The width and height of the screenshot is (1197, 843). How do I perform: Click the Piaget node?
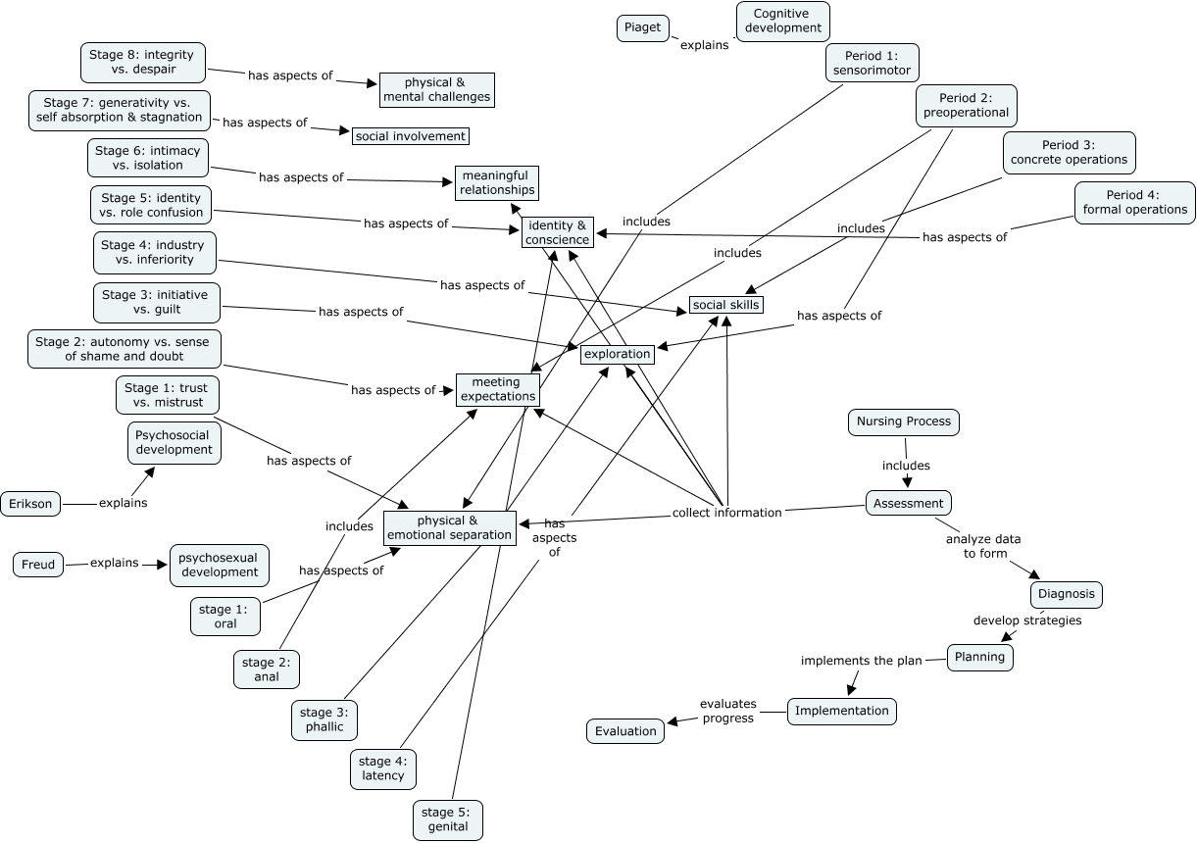[642, 28]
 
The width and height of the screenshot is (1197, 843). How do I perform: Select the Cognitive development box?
[782, 21]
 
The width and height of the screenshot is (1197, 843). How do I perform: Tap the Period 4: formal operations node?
[1134, 202]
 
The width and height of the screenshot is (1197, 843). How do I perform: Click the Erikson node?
[30, 504]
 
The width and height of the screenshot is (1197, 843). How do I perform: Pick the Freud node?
[38, 565]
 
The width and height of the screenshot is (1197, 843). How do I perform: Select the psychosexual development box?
[219, 565]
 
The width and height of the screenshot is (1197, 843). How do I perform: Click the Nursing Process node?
[903, 421]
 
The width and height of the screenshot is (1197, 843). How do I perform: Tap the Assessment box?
[909, 503]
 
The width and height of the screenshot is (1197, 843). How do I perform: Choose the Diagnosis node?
[1067, 594]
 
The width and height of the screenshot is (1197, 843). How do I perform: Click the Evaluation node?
[625, 730]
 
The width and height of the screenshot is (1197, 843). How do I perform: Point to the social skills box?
[725, 305]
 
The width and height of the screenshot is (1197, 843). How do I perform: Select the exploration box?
[617, 354]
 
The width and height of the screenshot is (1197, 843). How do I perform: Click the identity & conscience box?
[558, 232]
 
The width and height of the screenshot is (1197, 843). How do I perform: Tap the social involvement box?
[410, 136]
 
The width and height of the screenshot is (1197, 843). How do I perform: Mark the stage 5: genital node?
[447, 819]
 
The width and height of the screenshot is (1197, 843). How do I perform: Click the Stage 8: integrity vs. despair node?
[142, 63]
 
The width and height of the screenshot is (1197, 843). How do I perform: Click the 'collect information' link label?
[726, 512]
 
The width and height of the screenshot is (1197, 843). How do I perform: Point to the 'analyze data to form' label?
[982, 546]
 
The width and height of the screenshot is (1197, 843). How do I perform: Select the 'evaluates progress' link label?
[726, 711]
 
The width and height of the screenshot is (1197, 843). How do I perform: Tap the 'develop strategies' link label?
[1026, 620]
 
